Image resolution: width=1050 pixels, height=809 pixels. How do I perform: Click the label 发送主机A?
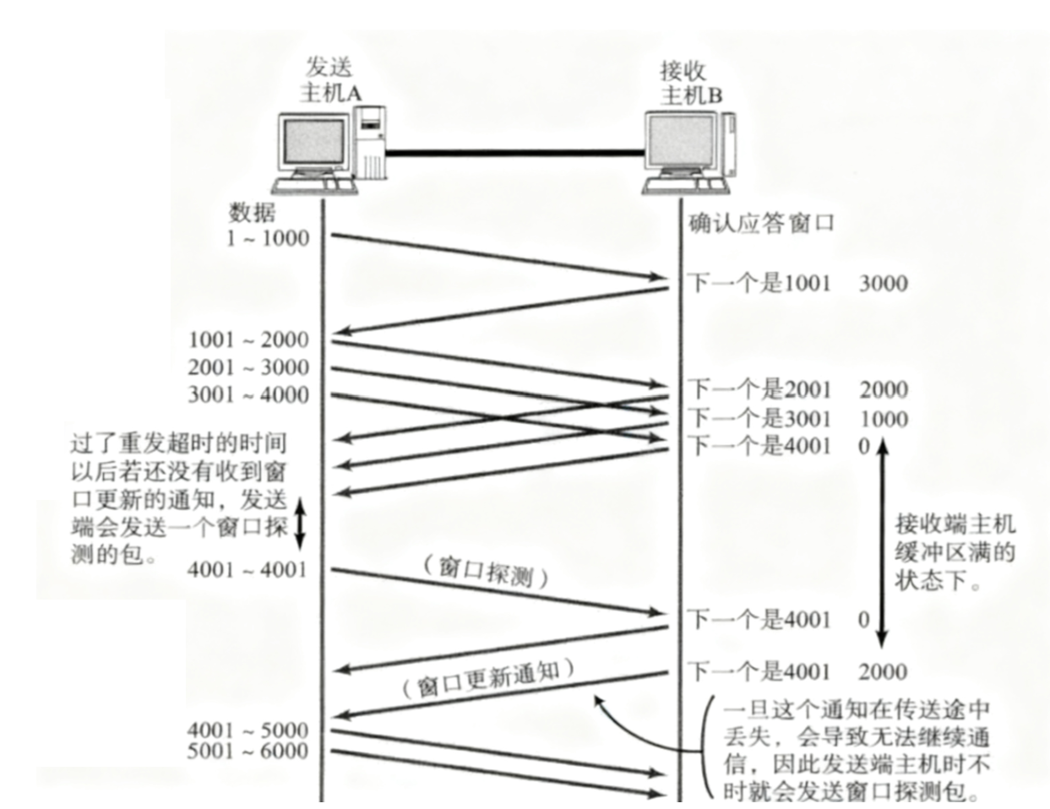[x=329, y=79]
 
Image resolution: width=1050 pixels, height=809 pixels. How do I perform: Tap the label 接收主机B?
[x=690, y=82]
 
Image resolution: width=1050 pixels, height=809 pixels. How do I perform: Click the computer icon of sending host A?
[x=329, y=150]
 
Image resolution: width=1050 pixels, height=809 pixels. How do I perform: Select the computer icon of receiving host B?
[x=688, y=152]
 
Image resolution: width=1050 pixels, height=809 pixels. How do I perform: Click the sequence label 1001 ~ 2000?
[x=248, y=339]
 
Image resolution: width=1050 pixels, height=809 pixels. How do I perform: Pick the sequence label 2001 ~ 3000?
[x=248, y=367]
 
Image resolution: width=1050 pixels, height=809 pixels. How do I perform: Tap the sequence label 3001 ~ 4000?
[x=248, y=394]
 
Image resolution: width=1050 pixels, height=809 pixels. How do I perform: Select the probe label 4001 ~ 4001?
[x=247, y=569]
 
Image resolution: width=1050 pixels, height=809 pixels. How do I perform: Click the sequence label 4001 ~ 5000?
[x=248, y=729]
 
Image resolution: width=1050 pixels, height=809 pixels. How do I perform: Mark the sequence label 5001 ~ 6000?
[x=248, y=751]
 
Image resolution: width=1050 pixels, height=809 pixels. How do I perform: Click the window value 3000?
[x=883, y=283]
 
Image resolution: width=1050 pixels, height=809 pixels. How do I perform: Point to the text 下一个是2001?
[x=759, y=389]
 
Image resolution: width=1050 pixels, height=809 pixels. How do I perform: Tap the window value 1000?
[x=884, y=419]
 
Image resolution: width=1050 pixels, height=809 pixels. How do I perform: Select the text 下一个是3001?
[x=759, y=418]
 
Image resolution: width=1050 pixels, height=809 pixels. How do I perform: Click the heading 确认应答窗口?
[x=761, y=224]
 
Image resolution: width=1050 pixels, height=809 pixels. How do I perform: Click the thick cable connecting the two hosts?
[x=514, y=153]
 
